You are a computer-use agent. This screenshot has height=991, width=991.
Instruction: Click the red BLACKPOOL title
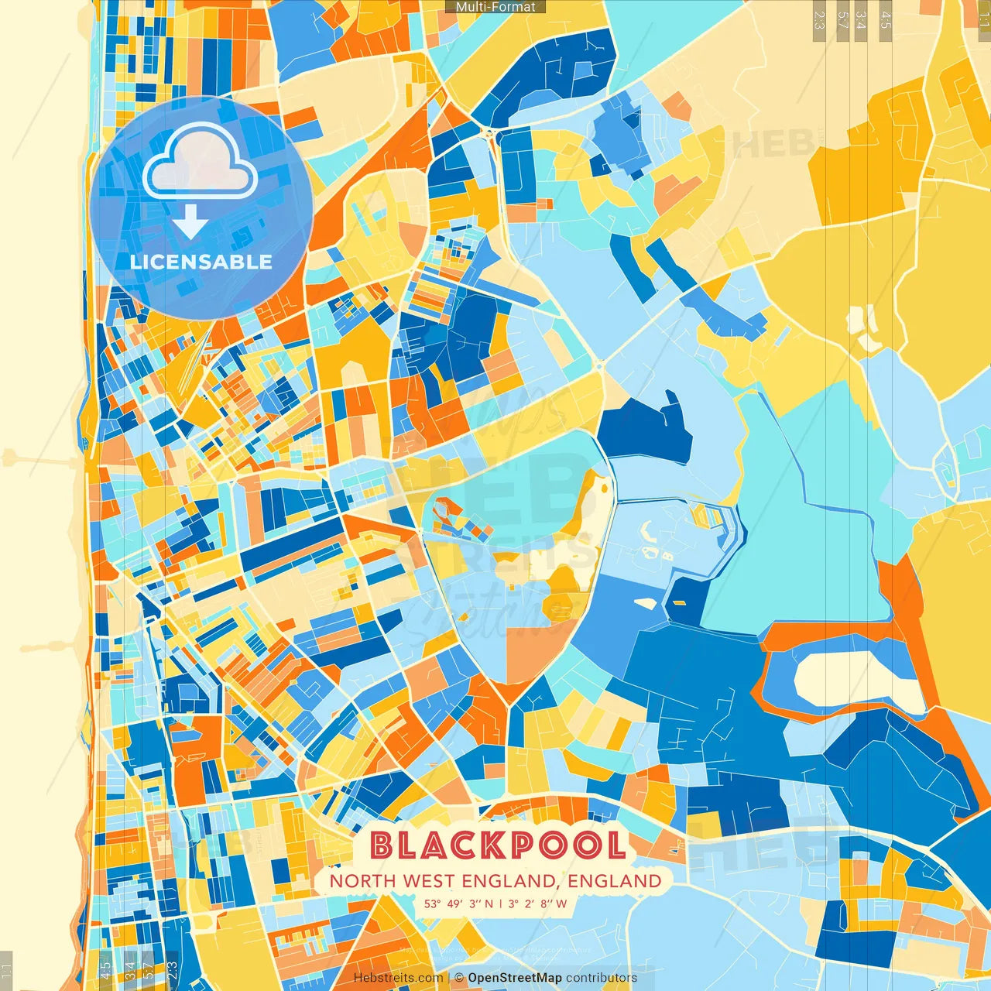(x=497, y=845)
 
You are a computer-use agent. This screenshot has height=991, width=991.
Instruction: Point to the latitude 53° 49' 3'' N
(x=458, y=904)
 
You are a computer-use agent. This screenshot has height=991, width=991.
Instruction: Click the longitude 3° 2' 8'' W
(x=537, y=904)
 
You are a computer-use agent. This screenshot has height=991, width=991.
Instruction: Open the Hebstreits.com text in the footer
(x=398, y=978)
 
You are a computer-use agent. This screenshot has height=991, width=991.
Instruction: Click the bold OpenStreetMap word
(x=515, y=978)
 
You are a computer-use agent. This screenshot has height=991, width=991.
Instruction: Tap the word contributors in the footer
(x=602, y=978)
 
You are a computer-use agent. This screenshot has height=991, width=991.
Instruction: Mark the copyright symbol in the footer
(x=458, y=978)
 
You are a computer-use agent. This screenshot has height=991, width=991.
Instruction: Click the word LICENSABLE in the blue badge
(x=201, y=262)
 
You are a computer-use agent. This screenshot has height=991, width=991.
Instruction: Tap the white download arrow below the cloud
(x=190, y=222)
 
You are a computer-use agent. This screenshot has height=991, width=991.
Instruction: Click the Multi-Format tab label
(x=495, y=7)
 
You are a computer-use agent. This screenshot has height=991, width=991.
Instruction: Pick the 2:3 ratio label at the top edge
(x=819, y=20)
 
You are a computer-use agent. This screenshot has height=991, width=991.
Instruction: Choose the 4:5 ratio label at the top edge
(x=886, y=20)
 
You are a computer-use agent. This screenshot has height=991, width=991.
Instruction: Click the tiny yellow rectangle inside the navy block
(x=678, y=602)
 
